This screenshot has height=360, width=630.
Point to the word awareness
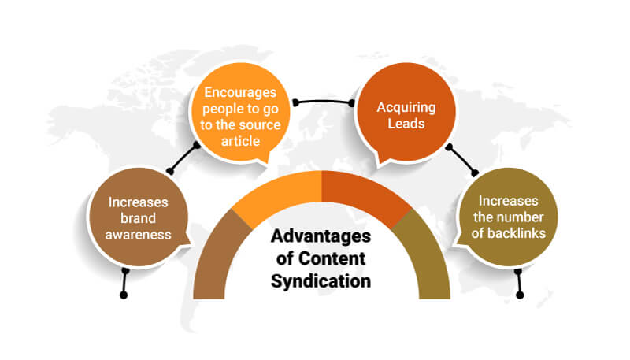point(140,233)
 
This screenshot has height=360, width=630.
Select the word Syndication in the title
point(321,280)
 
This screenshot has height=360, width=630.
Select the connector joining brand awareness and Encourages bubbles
point(183,158)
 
